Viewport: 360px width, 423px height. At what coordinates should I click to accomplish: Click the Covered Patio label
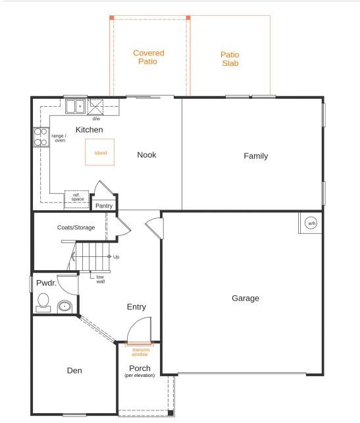[x=148, y=57]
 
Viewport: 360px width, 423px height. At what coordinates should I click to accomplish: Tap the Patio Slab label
[x=230, y=59]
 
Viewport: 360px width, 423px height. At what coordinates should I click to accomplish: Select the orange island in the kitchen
[x=100, y=152]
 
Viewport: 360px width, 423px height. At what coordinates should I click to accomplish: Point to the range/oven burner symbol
[x=41, y=137]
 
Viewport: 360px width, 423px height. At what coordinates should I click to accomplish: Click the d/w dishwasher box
[x=96, y=107]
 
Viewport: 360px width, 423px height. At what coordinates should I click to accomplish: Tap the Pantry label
[x=104, y=206]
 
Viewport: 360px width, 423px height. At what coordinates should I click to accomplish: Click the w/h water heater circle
[x=311, y=224]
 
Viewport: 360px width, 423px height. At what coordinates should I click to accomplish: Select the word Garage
[x=245, y=298]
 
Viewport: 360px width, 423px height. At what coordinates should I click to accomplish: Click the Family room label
[x=255, y=156]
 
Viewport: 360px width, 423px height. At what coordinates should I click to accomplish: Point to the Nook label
[x=146, y=155]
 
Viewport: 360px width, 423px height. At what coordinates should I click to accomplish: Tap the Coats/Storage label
[x=76, y=228]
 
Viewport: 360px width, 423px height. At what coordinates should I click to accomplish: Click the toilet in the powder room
[x=43, y=302]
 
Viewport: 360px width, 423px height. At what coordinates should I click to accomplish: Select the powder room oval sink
[x=65, y=306]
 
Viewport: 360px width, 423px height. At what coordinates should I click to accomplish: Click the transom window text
[x=140, y=352]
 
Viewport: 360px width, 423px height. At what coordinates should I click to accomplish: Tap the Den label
[x=74, y=370]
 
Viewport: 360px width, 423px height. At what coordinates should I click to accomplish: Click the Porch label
[x=140, y=368]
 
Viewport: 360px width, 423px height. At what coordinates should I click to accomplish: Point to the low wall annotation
[x=101, y=279]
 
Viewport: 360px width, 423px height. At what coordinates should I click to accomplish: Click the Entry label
[x=136, y=307]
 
